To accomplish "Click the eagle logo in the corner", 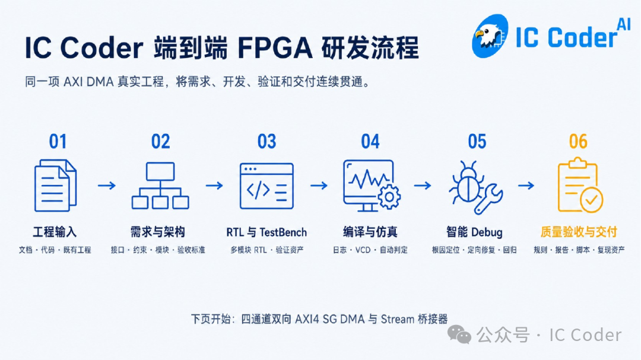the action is (x=490, y=36).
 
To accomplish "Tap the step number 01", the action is (x=58, y=142).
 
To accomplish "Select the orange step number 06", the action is (x=578, y=142).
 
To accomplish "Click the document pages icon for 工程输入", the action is (x=55, y=186).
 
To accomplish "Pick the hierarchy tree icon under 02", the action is (x=160, y=186).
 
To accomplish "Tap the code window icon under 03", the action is (x=266, y=186).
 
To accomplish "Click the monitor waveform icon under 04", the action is (x=371, y=186).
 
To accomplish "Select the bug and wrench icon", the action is (x=475, y=187).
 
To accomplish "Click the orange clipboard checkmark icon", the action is (x=580, y=185).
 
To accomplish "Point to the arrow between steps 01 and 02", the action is (x=107, y=186).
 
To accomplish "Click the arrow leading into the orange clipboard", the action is (x=526, y=186).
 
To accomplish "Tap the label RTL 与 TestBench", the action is (x=266, y=232).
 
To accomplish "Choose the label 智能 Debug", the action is (x=474, y=232).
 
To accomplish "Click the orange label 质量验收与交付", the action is (x=579, y=232).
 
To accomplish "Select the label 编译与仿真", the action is (x=370, y=232).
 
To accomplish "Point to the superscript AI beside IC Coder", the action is (x=623, y=25).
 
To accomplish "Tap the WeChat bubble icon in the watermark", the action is (x=459, y=334).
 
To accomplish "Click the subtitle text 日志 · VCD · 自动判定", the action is (x=370, y=250).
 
